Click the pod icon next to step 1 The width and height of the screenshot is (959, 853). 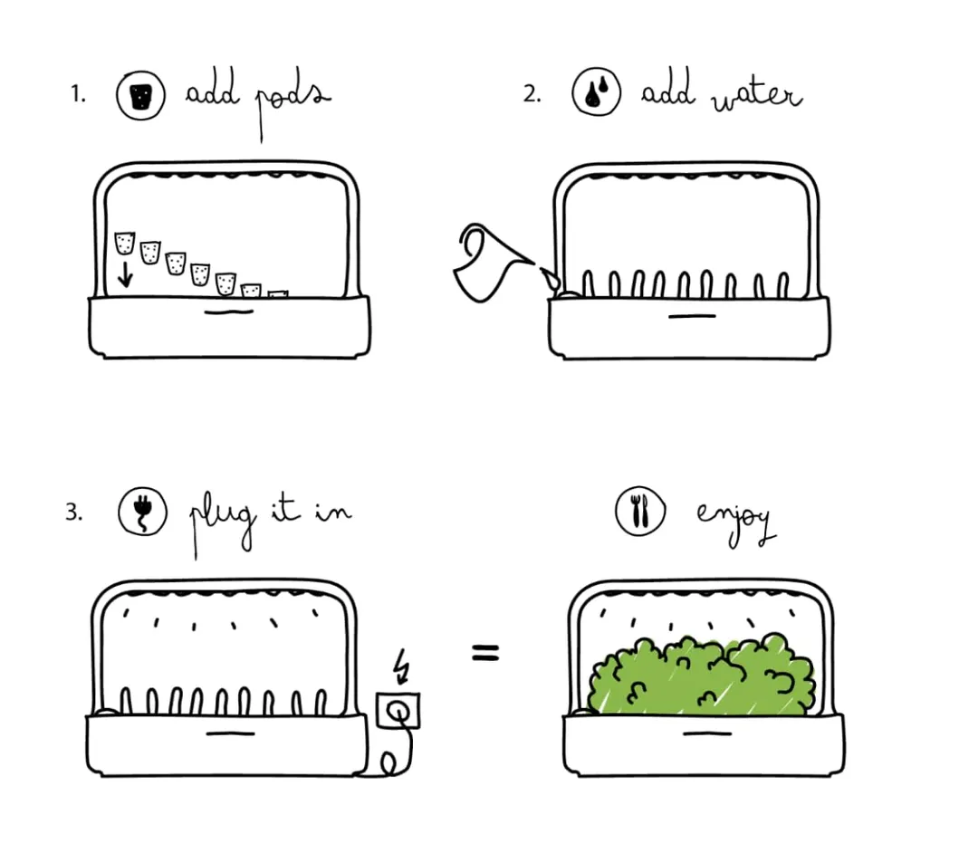[140, 95]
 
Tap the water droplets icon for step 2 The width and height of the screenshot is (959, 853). [596, 93]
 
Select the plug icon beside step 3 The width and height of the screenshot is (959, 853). [143, 513]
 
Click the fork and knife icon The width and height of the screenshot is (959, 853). [640, 512]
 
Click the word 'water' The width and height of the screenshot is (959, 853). [756, 96]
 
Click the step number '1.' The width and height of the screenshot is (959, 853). [79, 94]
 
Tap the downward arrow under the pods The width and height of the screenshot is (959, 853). [125, 273]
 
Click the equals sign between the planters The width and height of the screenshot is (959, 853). [485, 652]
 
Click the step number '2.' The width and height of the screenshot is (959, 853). [532, 93]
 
